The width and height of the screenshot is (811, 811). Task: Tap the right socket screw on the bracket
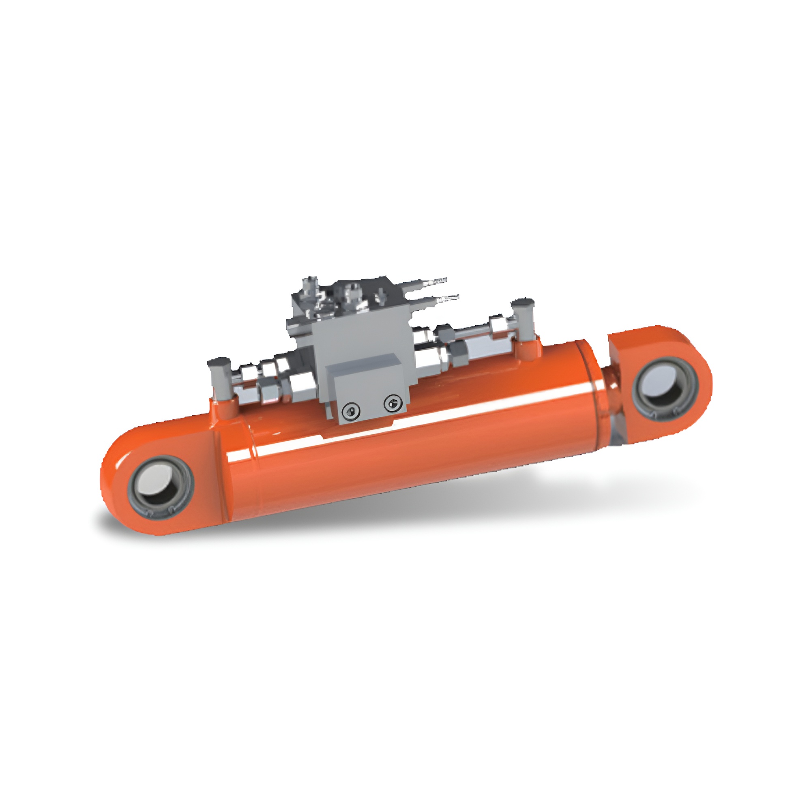click(391, 403)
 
